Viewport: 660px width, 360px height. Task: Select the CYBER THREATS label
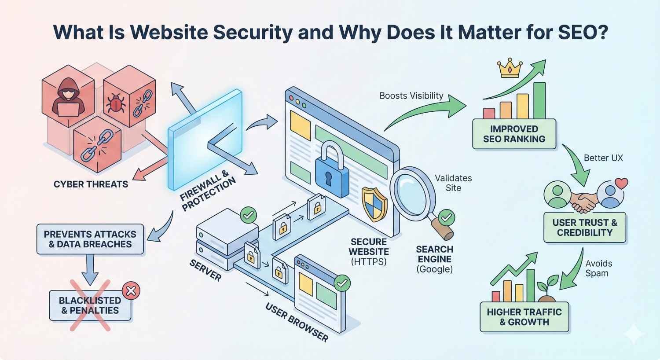pyautogui.click(x=91, y=184)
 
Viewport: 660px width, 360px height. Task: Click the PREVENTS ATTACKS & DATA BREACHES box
pyautogui.click(x=90, y=239)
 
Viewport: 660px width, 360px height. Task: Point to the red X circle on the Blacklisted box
pyautogui.click(x=131, y=290)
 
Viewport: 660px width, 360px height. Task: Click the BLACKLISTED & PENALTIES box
pyautogui.click(x=90, y=305)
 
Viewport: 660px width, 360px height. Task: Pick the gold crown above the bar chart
pyautogui.click(x=510, y=68)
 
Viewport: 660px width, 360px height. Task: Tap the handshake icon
pyautogui.click(x=584, y=202)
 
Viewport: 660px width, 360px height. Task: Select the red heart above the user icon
pyautogui.click(x=621, y=183)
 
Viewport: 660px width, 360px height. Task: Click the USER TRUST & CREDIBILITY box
pyautogui.click(x=585, y=228)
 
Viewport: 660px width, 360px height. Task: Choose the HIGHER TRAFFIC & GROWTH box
pyautogui.click(x=524, y=317)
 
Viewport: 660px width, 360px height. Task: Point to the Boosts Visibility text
pyautogui.click(x=411, y=96)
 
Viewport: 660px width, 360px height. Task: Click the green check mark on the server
pyautogui.click(x=248, y=216)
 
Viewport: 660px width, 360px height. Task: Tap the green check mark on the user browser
pyautogui.click(x=342, y=283)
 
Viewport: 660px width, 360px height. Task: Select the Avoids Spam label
pyautogui.click(x=598, y=268)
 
